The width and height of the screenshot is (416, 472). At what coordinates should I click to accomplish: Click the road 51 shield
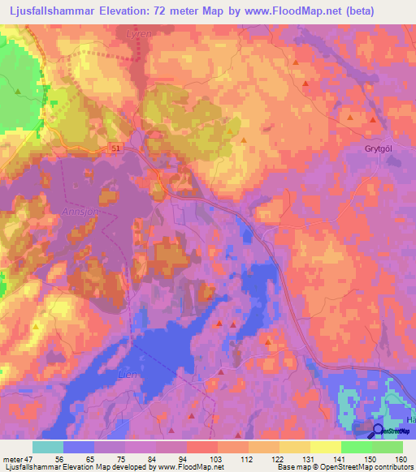click(118, 148)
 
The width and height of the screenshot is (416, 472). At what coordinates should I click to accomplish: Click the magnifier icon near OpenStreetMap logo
click(379, 432)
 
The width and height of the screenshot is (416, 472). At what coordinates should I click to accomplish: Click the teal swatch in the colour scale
click(48, 447)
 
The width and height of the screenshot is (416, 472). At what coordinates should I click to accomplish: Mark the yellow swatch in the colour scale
click(325, 447)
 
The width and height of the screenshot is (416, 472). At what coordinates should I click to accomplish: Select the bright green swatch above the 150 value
click(356, 447)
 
